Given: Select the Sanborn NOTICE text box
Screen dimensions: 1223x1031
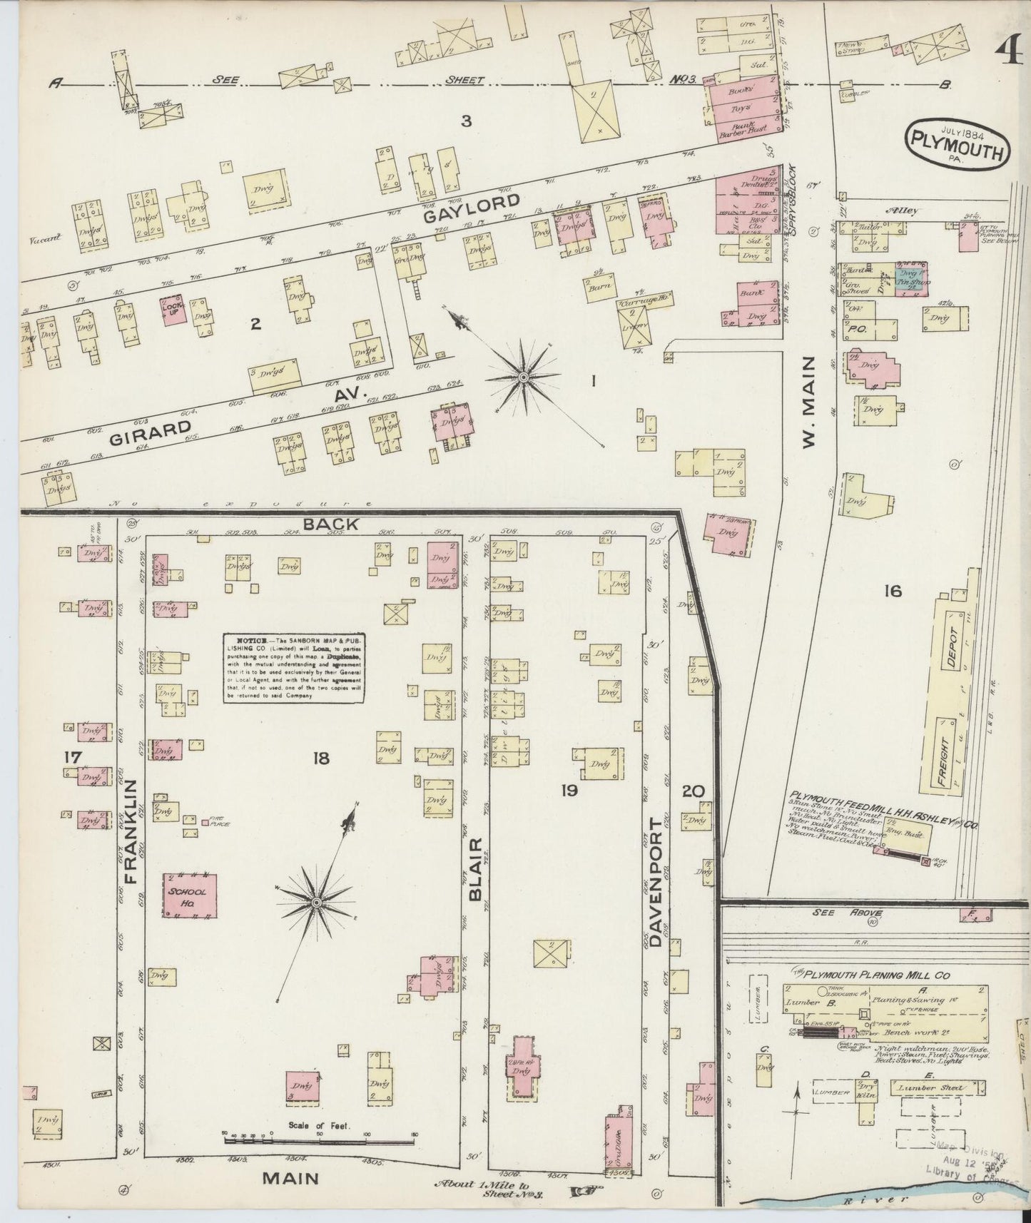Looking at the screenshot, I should (x=294, y=669).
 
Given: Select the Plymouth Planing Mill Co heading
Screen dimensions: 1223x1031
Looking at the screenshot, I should (x=885, y=974).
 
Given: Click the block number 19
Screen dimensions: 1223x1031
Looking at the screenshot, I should (x=569, y=791).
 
